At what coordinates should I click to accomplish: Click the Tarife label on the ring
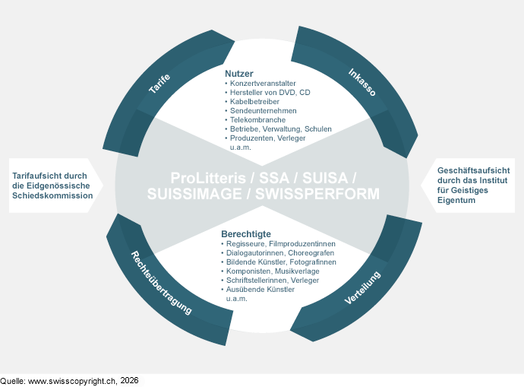(x=159, y=84)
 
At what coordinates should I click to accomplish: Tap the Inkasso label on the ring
(x=362, y=82)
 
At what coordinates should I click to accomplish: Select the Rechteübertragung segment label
(x=161, y=283)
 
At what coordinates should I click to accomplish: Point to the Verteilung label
(x=362, y=287)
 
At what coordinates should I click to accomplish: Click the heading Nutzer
(x=239, y=74)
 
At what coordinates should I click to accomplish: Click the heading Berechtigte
(x=246, y=234)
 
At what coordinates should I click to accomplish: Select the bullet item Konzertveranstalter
(x=263, y=84)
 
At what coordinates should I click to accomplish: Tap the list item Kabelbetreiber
(x=254, y=101)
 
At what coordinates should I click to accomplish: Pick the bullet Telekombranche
(x=257, y=119)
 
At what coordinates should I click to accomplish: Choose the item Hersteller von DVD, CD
(x=270, y=92)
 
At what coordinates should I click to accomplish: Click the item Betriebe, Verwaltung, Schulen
(x=281, y=128)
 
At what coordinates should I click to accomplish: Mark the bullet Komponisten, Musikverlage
(x=273, y=271)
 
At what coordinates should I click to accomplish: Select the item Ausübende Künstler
(x=260, y=290)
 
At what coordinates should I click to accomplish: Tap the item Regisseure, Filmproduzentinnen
(x=281, y=243)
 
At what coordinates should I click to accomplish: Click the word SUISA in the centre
(x=325, y=178)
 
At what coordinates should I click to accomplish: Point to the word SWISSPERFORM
(x=317, y=194)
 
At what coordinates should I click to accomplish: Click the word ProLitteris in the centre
(x=208, y=178)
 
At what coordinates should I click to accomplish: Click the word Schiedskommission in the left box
(x=52, y=195)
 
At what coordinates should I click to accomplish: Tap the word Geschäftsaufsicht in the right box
(x=474, y=170)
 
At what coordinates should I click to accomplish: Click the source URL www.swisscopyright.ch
(x=72, y=381)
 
